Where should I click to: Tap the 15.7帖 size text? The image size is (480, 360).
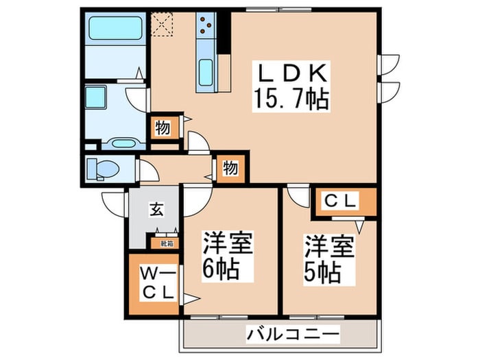point(293,100)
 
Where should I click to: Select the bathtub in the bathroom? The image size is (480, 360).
point(115,29)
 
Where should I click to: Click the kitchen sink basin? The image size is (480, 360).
point(206,71)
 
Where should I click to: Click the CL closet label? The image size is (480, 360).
point(341,201)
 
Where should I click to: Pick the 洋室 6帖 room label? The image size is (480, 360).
point(227,255)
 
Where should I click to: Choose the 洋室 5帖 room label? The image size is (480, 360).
point(330,259)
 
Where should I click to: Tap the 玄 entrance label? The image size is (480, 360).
point(157,210)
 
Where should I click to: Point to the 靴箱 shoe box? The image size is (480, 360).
point(167,243)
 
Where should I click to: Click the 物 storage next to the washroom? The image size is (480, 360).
point(163,127)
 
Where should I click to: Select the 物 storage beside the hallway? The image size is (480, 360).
point(229,167)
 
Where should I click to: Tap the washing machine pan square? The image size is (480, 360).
point(96,96)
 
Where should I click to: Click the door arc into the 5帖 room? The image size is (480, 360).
point(299,196)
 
